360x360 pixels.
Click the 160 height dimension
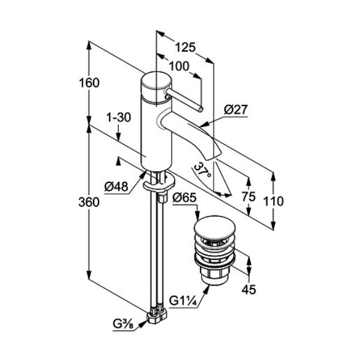pyautogui.click(x=88, y=83)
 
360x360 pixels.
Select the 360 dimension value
pyautogui.click(x=88, y=203)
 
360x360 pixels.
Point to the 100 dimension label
pyautogui.click(x=179, y=66)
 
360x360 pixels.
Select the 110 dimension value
pyautogui.click(x=274, y=202)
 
